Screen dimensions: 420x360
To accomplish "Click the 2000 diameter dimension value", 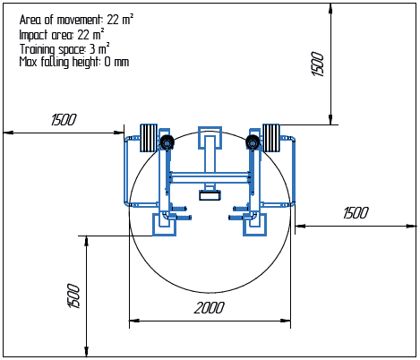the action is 209,308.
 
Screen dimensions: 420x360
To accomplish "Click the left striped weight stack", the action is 149,138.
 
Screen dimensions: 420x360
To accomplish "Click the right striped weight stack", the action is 271,138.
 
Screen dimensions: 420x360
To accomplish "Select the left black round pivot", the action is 167,142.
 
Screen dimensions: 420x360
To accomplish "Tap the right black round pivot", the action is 253,142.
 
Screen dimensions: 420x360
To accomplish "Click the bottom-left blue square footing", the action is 164,225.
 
